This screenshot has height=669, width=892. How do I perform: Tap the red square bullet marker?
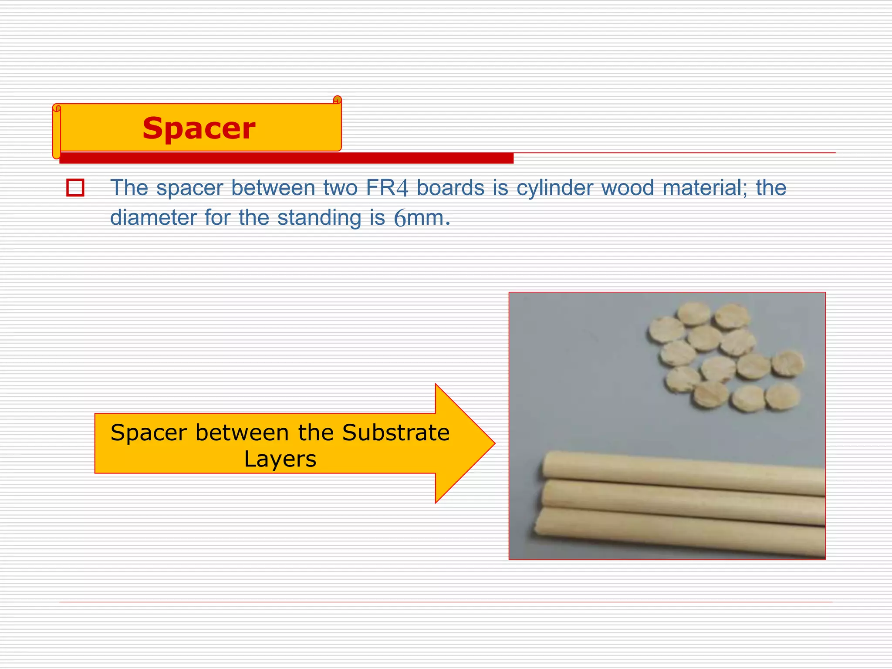click(x=75, y=188)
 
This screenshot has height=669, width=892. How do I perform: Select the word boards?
click(x=450, y=188)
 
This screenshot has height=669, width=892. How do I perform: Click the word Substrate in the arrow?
click(x=395, y=432)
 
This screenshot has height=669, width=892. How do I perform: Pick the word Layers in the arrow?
click(x=280, y=459)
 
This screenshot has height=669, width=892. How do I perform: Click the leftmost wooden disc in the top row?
click(x=666, y=329)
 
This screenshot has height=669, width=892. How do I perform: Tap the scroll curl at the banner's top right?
click(x=337, y=100)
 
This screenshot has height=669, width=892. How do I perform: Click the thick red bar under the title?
click(x=286, y=158)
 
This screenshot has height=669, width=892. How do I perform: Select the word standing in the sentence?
click(x=319, y=217)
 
